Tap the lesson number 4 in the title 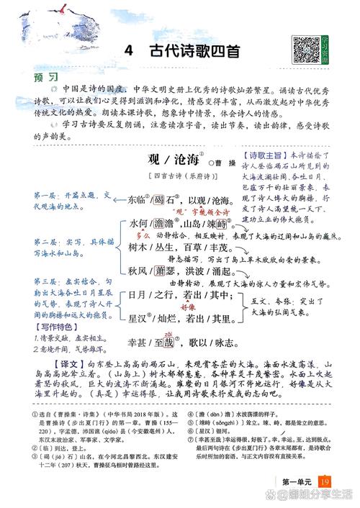click(127, 52)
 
